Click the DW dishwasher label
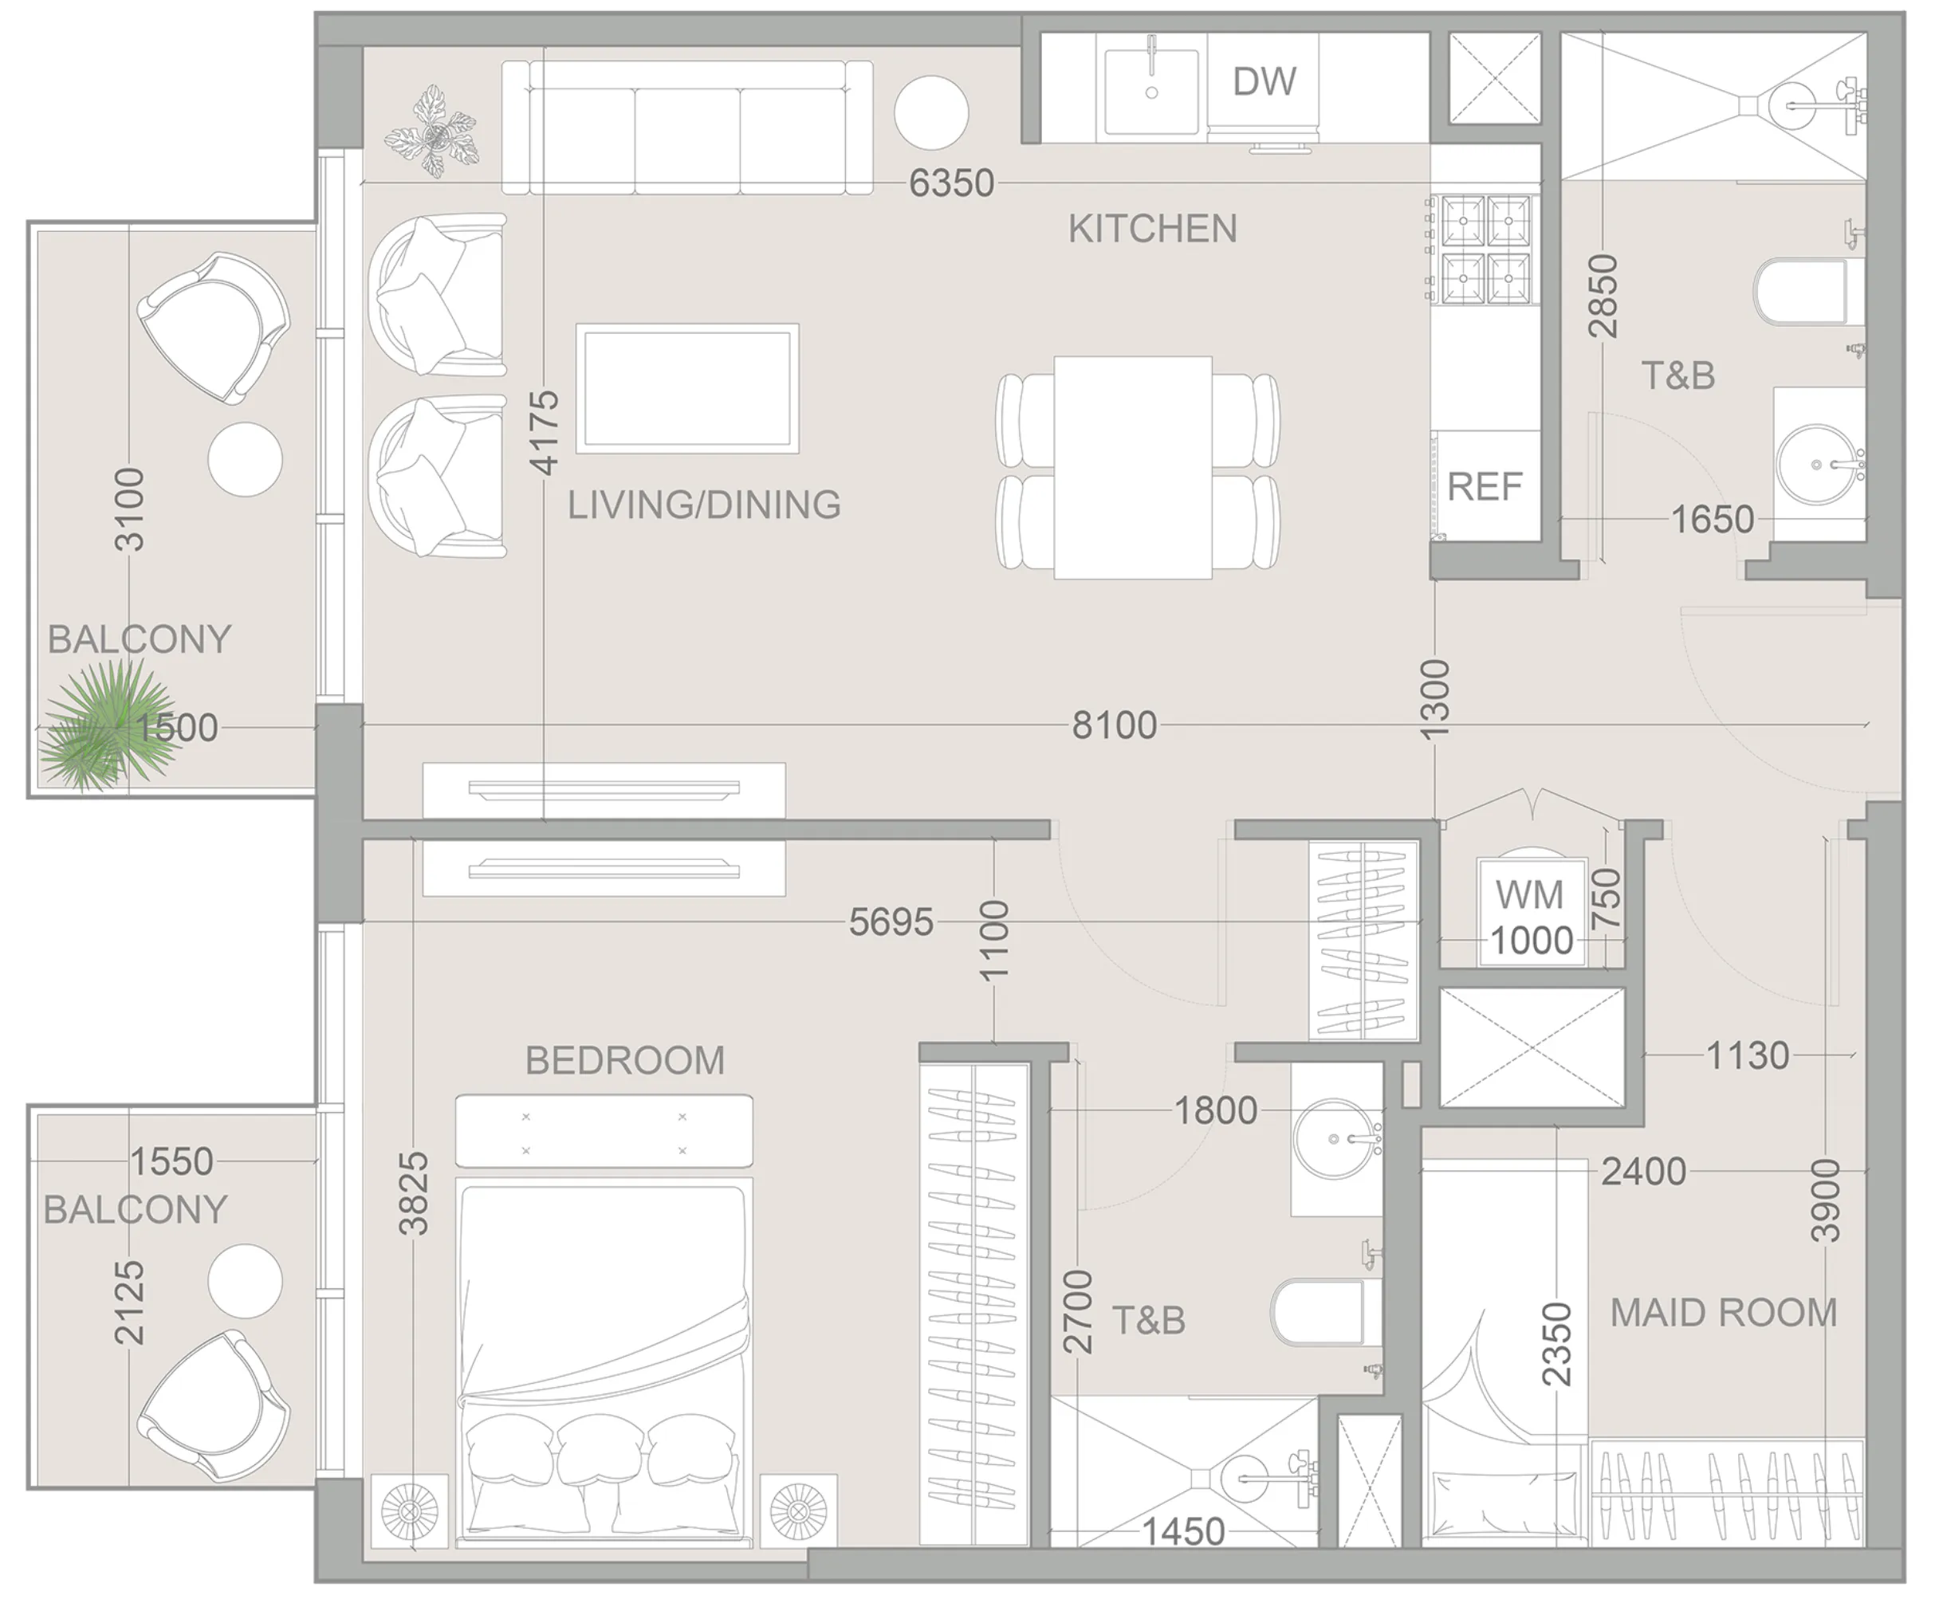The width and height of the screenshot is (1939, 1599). click(x=1264, y=82)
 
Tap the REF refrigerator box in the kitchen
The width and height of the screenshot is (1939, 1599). click(x=1484, y=486)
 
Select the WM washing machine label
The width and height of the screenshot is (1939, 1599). click(x=1529, y=894)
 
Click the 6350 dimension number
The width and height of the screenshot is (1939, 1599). click(x=950, y=183)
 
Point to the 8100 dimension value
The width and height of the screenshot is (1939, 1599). click(x=1114, y=726)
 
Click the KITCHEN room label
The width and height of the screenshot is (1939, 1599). click(x=1152, y=229)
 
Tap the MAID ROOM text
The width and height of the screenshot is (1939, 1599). click(x=1722, y=1313)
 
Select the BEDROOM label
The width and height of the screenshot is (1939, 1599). click(x=624, y=1060)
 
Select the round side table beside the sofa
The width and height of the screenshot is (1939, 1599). click(x=931, y=112)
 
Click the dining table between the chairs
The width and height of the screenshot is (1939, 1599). click(x=1132, y=467)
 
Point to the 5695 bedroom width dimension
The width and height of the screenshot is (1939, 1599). click(x=890, y=922)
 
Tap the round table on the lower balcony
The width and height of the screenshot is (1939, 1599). click(x=244, y=1280)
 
